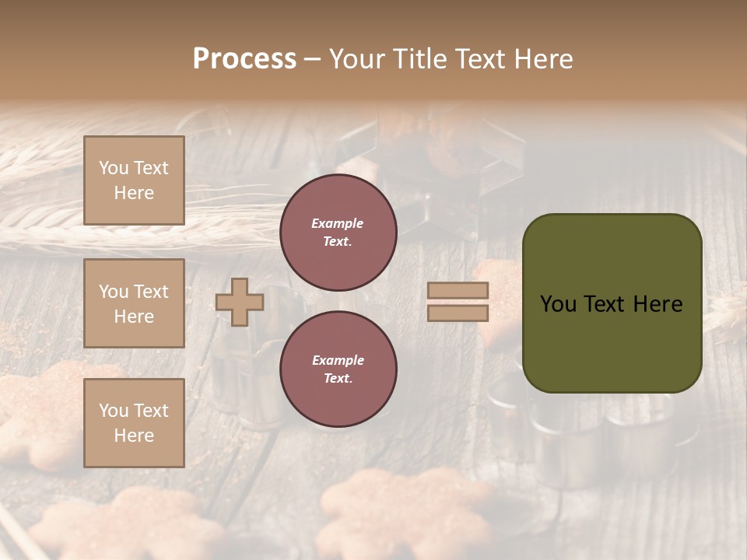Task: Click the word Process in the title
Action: pos(244,59)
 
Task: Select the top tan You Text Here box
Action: pos(134,180)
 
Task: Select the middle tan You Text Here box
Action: pos(134,303)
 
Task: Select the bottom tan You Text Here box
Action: pos(134,422)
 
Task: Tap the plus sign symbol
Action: pos(240,302)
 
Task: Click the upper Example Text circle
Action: pos(338,233)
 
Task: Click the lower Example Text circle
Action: pos(338,369)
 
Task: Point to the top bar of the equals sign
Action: pos(458,290)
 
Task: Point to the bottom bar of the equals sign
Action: pos(458,313)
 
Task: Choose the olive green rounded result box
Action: pos(612,342)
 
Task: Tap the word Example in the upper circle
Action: pos(338,223)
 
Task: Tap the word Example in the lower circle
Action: pos(338,360)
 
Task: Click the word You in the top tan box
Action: pos(114,168)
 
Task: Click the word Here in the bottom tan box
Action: pos(134,436)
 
